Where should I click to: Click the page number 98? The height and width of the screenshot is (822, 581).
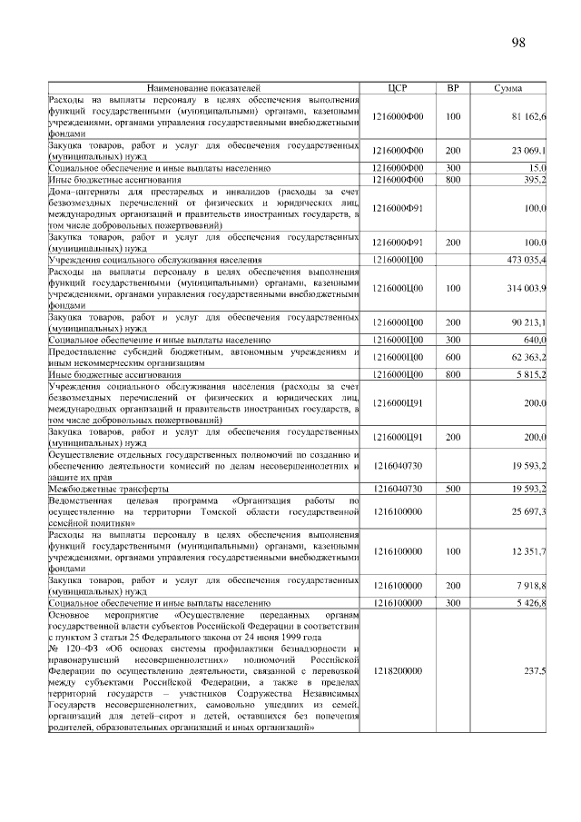pyautogui.click(x=518, y=43)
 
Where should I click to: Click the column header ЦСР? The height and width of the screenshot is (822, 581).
pyautogui.click(x=399, y=88)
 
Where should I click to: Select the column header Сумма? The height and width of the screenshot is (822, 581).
pyautogui.click(x=507, y=88)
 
